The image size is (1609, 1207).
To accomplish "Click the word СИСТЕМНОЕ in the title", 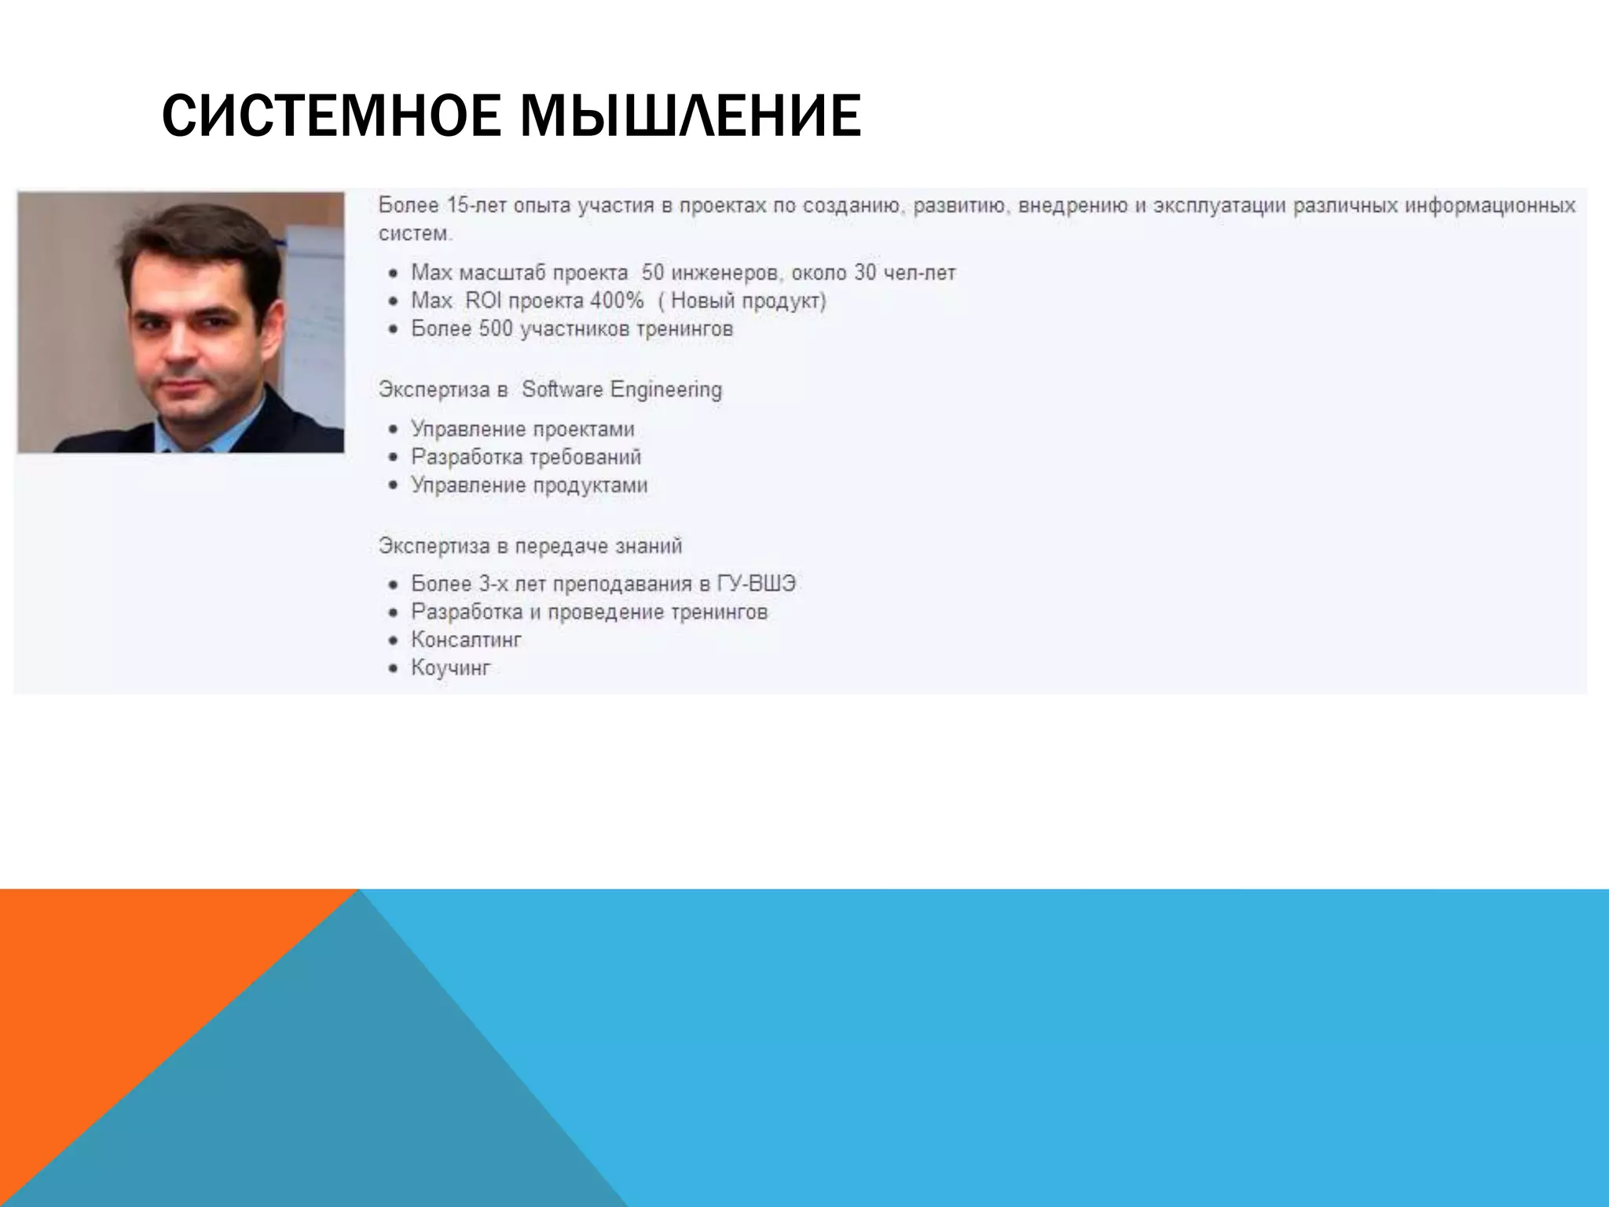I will click(331, 116).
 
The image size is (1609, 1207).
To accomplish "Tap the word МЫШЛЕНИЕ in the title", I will click(691, 116).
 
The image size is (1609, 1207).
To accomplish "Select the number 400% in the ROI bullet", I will click(618, 301).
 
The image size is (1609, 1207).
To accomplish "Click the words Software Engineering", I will click(621, 390).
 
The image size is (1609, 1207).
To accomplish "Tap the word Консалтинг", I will click(466, 640).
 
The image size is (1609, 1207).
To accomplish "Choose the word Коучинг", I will click(450, 668).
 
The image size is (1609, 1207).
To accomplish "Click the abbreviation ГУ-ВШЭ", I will click(757, 584).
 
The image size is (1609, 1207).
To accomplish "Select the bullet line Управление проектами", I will click(522, 429).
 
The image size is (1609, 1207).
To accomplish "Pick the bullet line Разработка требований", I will click(526, 457).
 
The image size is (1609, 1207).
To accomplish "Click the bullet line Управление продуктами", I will click(529, 485).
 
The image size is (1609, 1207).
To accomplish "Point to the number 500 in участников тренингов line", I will click(496, 328).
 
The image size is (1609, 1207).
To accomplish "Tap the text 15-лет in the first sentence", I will click(475, 206).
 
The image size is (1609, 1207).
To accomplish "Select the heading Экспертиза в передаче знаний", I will click(530, 546).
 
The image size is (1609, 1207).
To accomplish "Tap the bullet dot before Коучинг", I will click(394, 669).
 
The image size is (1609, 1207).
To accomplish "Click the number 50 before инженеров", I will click(653, 273).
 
